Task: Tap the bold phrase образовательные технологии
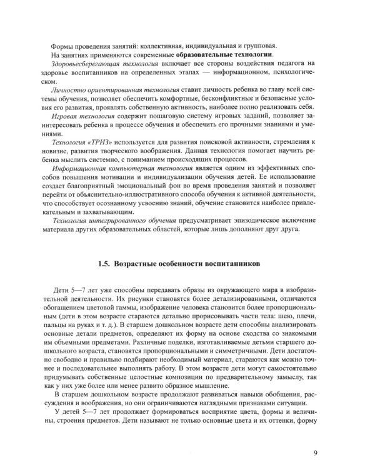point(210,56)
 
